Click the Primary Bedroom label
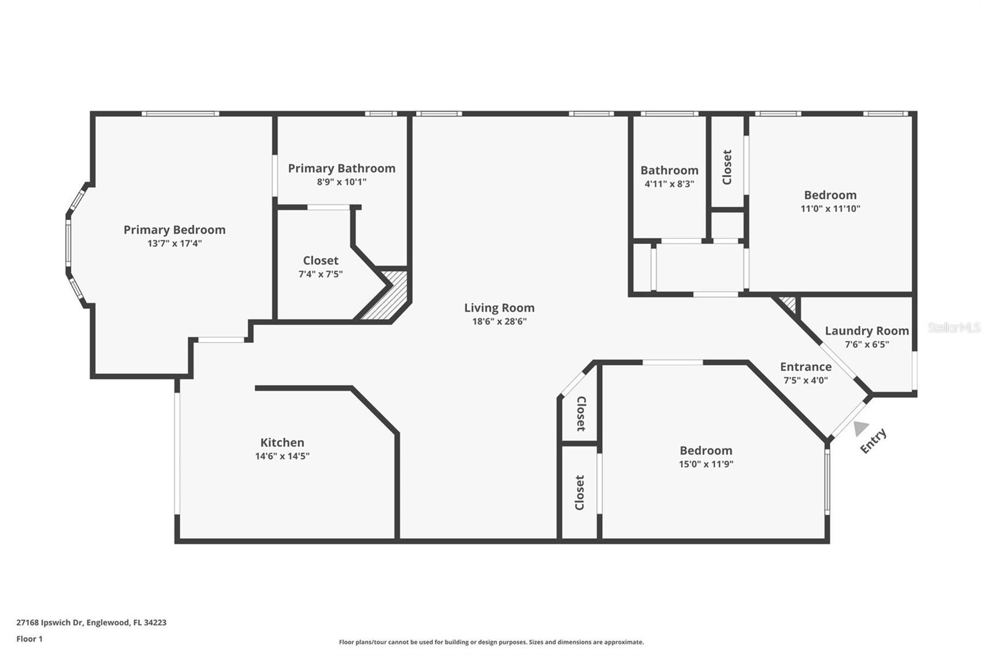174,230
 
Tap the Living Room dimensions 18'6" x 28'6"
499,321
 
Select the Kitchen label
282,442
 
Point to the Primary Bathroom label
342,168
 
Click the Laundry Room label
867,331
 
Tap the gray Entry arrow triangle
861,428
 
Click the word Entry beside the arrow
873,441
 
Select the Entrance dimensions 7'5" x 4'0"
805,380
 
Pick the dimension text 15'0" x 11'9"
706,464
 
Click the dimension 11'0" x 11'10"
830,208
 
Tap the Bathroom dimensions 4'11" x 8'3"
669,184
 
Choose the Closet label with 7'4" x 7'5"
321,261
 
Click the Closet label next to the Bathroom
727,167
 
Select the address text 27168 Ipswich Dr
50,622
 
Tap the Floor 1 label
29,639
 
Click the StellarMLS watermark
954,327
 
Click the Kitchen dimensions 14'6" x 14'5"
282,456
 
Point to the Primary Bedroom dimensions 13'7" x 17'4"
174,243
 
